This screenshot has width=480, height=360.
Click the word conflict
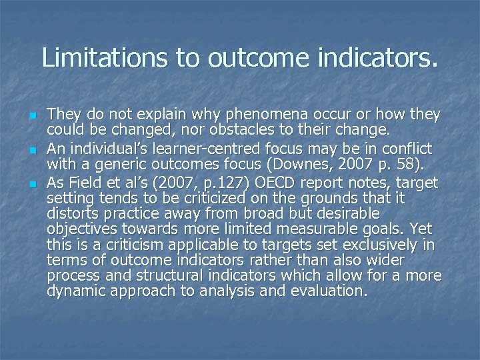pyautogui.click(x=409, y=147)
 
